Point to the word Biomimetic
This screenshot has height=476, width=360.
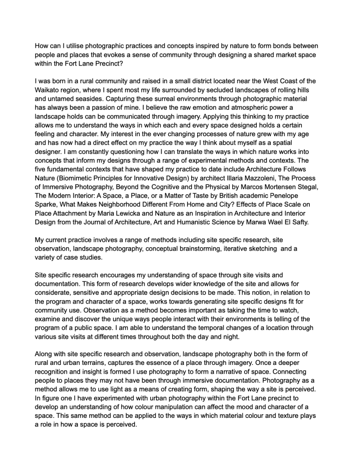pyautogui.click(x=80, y=178)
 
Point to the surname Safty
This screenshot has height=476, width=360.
pyautogui.click(x=298, y=222)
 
